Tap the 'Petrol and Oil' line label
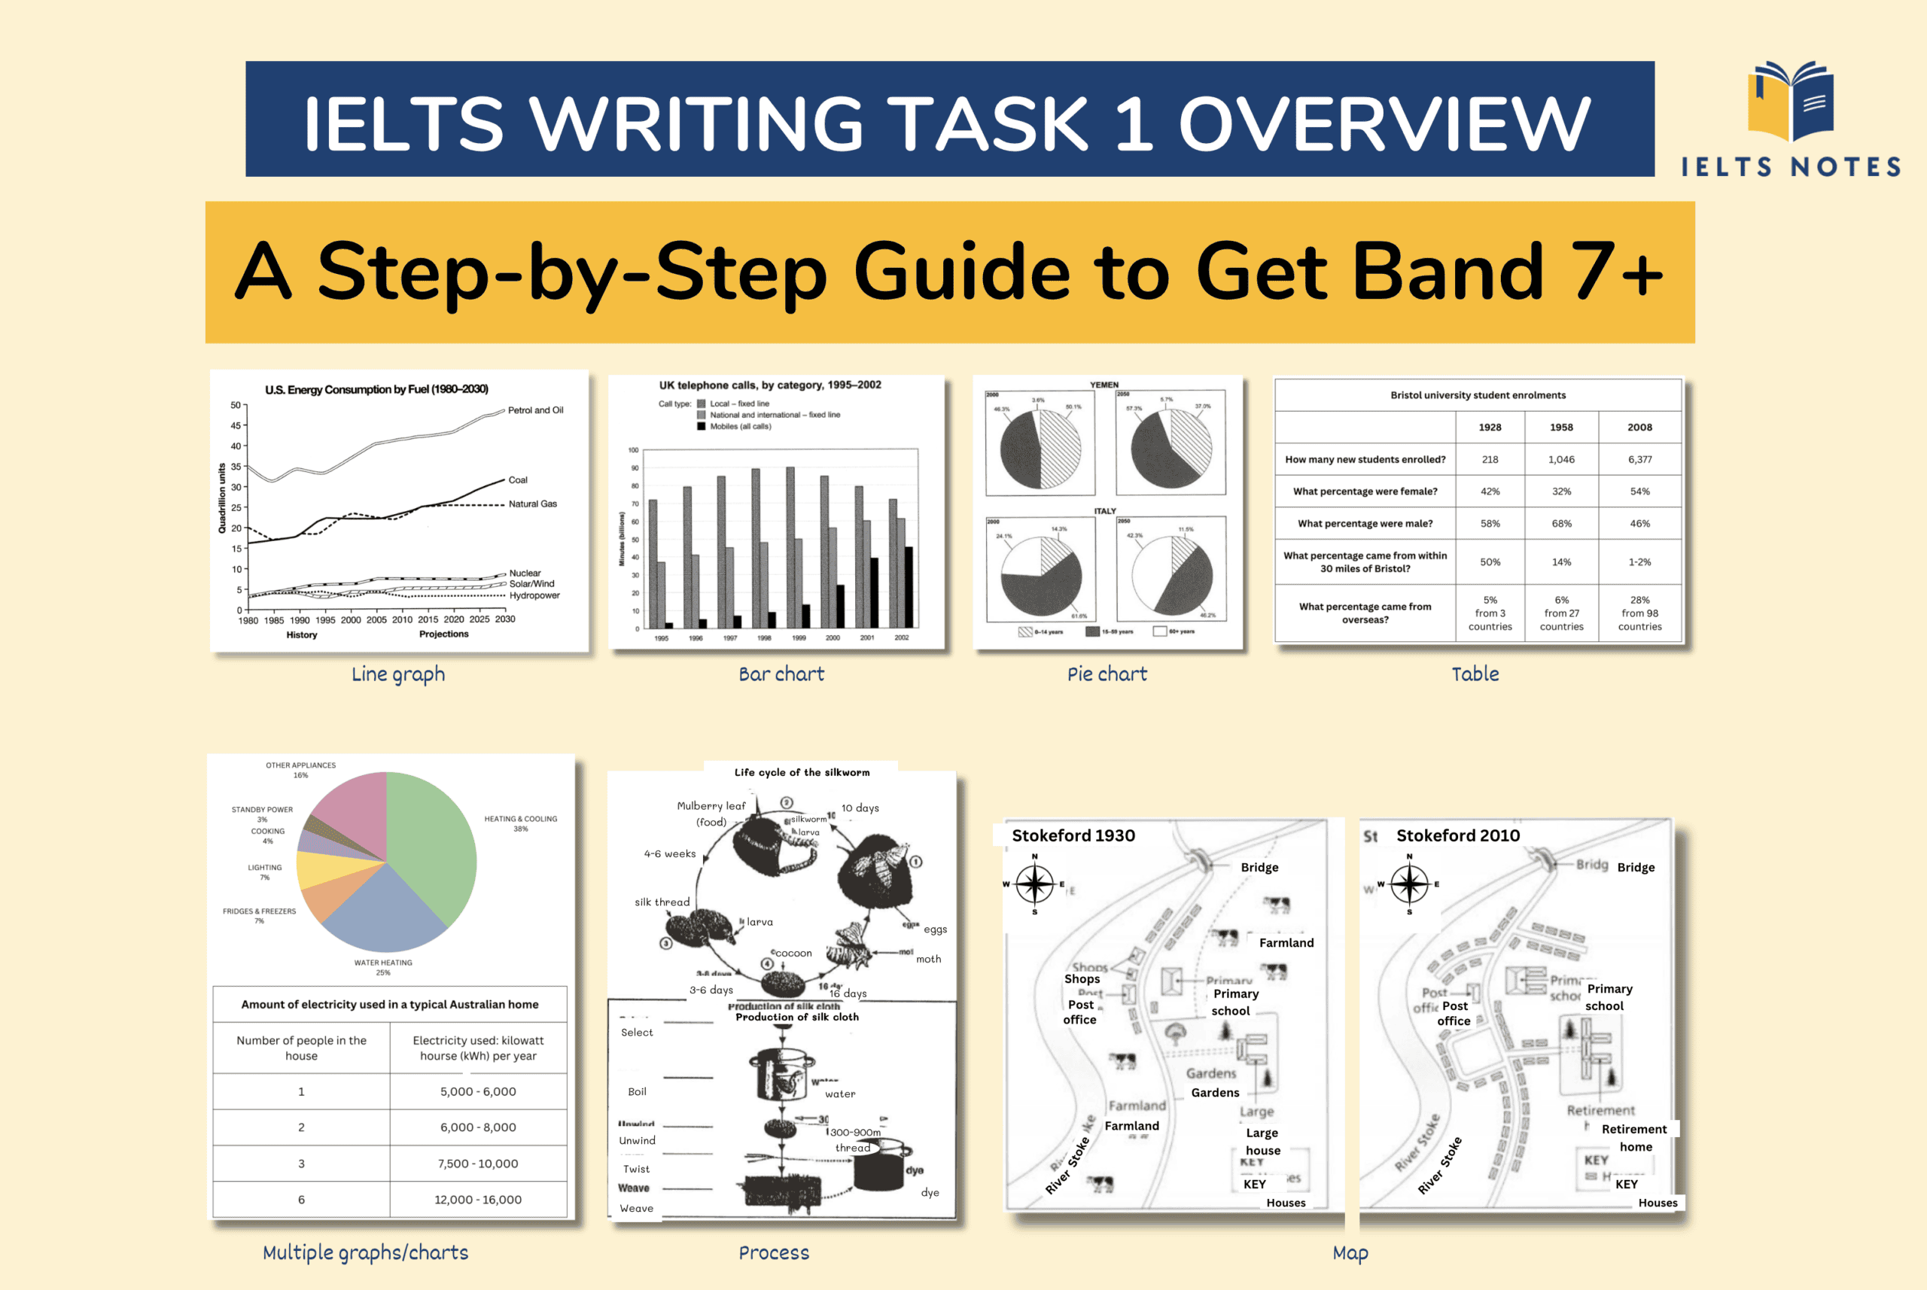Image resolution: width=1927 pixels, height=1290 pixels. pos(536,409)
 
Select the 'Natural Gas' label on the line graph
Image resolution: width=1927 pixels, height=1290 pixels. pos(532,504)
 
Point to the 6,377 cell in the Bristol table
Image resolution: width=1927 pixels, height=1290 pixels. pos(1639,459)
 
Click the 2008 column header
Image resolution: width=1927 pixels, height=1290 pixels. pos(1639,427)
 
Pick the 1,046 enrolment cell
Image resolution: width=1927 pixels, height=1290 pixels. pos(1561,459)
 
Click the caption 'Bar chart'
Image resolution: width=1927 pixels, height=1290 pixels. pos(781,674)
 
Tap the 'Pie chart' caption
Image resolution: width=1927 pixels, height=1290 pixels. pos(1107,674)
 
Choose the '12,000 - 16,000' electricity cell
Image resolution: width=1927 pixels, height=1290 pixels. pos(478,1200)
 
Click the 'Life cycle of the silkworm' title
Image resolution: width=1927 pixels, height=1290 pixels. pos(802,772)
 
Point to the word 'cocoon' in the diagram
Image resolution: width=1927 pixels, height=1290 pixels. pos(793,953)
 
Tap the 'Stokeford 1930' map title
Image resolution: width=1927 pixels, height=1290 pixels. pos(1073,835)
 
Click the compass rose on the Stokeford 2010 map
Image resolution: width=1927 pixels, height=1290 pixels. pos(1408,884)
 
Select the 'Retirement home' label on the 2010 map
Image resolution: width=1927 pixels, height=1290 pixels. pos(1634,1138)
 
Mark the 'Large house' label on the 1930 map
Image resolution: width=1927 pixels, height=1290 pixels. pos(1262,1142)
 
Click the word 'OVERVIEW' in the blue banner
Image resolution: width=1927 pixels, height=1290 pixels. pos(1384,123)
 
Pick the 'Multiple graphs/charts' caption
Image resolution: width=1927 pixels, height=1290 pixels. pos(365,1252)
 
